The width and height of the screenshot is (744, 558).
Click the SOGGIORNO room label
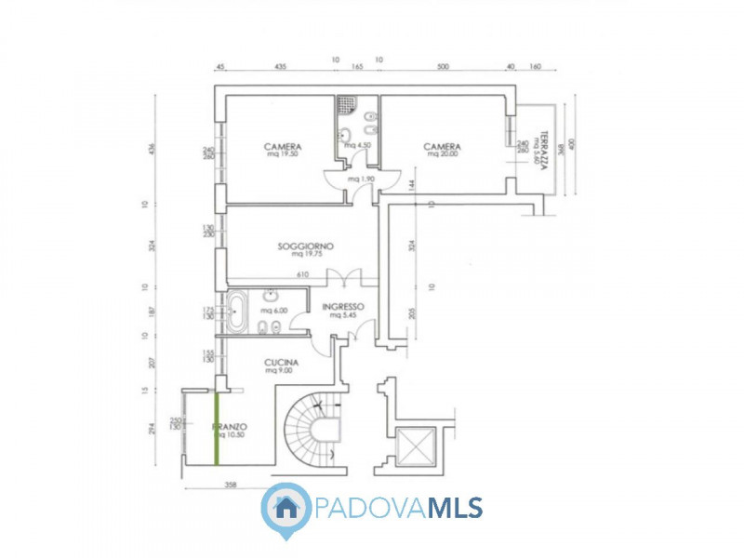click(305, 246)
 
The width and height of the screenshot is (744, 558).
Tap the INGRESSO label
click(343, 306)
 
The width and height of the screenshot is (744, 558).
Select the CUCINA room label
click(281, 362)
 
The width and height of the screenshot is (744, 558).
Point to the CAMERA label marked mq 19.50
click(282, 147)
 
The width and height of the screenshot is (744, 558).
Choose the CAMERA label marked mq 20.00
click(442, 147)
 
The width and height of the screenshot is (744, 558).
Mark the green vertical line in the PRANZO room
click(218, 428)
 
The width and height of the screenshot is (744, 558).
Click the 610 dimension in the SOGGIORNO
click(302, 274)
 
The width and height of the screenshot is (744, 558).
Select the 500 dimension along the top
click(442, 66)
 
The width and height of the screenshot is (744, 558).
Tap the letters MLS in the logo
click(455, 508)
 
